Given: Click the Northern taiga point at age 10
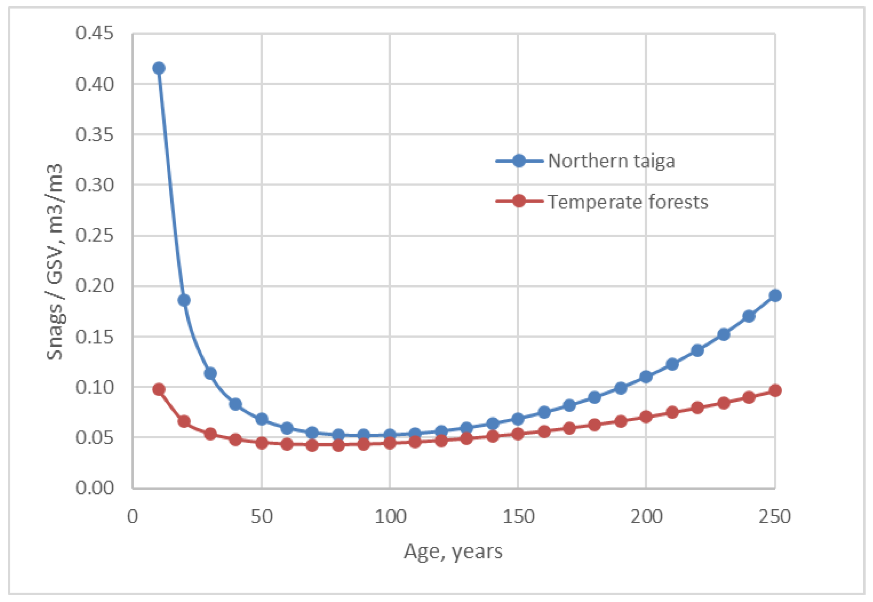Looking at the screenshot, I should tap(159, 68).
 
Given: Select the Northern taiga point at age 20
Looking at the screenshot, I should tap(184, 300).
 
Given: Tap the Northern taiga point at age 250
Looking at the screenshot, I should tap(775, 296).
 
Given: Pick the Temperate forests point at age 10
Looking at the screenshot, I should tap(159, 389).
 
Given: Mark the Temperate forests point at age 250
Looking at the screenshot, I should tap(775, 390).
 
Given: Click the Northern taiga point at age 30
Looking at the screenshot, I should tap(210, 373).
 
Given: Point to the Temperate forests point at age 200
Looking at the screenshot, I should tap(646, 417).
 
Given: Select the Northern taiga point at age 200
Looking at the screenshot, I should tap(646, 377).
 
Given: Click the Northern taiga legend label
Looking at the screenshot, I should tap(611, 161).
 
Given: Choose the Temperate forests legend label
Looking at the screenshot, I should tap(628, 202).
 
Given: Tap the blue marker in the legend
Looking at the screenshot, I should tap(519, 161).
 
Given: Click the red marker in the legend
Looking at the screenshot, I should tap(519, 201).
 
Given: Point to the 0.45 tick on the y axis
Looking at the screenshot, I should tap(94, 33).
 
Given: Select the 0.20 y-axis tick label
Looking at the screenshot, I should tap(94, 286).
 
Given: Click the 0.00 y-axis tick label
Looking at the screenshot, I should tap(94, 488).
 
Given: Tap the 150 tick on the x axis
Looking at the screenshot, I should tap(518, 517).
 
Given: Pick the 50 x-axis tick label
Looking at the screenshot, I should tap(262, 517).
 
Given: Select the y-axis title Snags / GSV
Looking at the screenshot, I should tap(55, 261).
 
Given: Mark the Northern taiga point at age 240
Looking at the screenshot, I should tap(749, 316).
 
